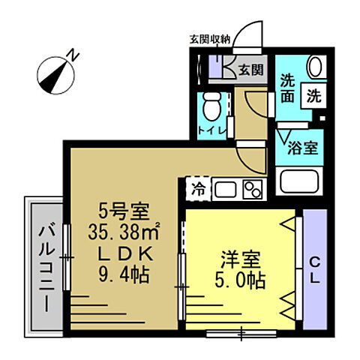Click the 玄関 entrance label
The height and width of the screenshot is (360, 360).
(x=250, y=70)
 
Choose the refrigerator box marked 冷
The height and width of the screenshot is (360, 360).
(x=198, y=188)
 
